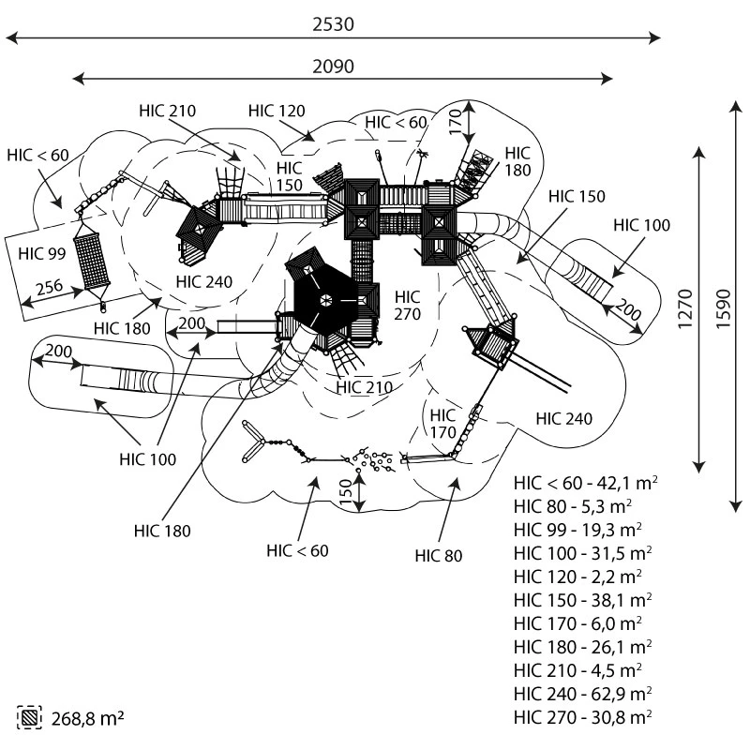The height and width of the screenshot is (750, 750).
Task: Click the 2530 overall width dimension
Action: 334,24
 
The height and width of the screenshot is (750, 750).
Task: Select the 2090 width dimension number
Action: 334,66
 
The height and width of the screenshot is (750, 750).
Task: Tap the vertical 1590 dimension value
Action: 724,308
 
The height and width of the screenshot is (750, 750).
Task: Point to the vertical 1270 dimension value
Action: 685,308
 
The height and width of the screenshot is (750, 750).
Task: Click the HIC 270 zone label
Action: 408,306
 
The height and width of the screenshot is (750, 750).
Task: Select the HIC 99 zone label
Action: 41,253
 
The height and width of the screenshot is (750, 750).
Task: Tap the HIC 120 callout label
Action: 277,111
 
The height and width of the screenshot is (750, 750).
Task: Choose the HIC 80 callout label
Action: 439,556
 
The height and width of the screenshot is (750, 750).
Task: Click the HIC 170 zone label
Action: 442,424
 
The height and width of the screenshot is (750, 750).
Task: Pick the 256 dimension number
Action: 50,287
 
